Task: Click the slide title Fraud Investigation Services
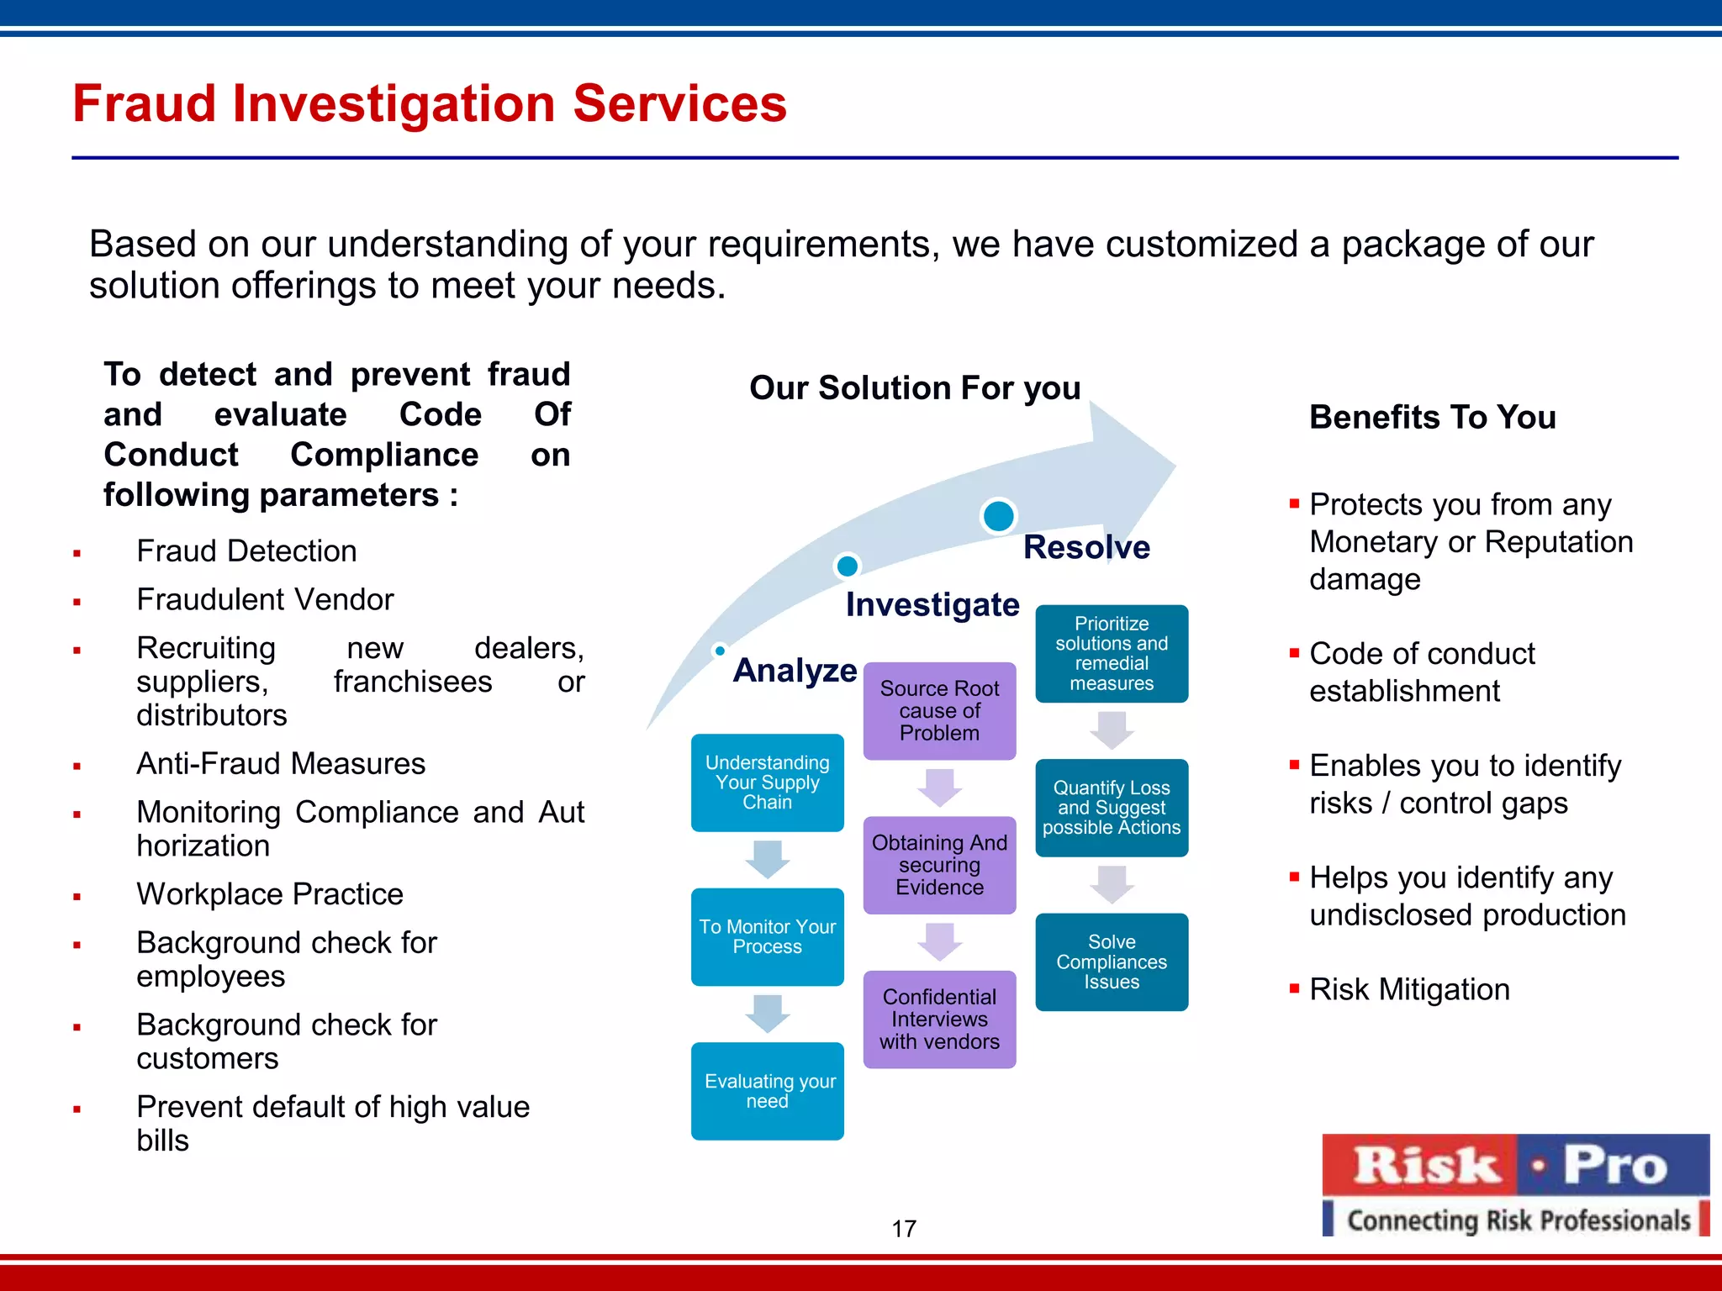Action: [429, 103]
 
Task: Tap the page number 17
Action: [904, 1229]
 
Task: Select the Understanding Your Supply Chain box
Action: [767, 783]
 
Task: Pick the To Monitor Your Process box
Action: [767, 936]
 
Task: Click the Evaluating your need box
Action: [767, 1091]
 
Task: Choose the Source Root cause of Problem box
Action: [939, 711]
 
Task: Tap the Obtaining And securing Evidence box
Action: [939, 865]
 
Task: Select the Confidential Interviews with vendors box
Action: [939, 1020]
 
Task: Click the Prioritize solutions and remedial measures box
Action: [1112, 654]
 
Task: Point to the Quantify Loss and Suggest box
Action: [1112, 808]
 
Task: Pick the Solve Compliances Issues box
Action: [1112, 962]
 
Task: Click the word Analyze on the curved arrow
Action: [795, 671]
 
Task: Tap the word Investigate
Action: [932, 605]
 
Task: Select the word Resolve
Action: [1086, 547]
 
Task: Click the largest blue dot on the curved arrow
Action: [998, 516]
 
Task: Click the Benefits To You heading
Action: [1432, 418]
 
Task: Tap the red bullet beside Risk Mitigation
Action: [1294, 988]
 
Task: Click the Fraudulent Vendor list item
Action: [265, 600]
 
